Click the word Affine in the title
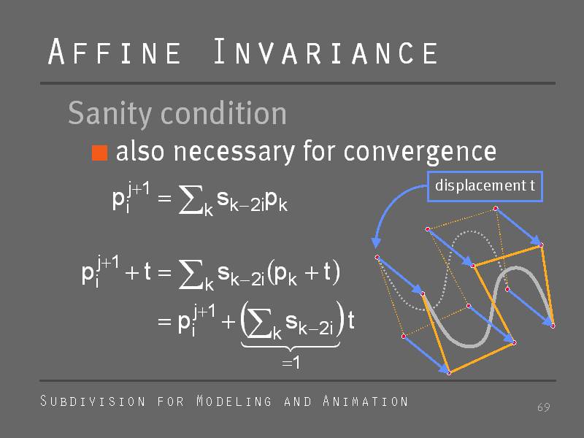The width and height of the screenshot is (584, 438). tap(115, 51)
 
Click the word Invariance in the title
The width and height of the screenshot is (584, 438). tap(326, 51)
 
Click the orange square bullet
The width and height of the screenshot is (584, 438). tap(99, 153)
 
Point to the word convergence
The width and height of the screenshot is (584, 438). tap(420, 153)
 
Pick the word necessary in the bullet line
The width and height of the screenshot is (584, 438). tap(234, 153)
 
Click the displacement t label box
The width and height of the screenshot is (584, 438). tap(485, 186)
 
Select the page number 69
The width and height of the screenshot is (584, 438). tap(543, 407)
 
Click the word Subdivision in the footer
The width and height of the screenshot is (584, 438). tap(93, 401)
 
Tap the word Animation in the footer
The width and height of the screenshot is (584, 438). tap(366, 401)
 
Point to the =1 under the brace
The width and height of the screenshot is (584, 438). tap(291, 362)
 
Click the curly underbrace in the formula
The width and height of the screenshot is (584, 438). tap(291, 346)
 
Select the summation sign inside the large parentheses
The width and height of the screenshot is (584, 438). tap(260, 324)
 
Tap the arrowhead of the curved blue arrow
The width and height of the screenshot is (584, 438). tap(376, 243)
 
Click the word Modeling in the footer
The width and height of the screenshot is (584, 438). tap(234, 401)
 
